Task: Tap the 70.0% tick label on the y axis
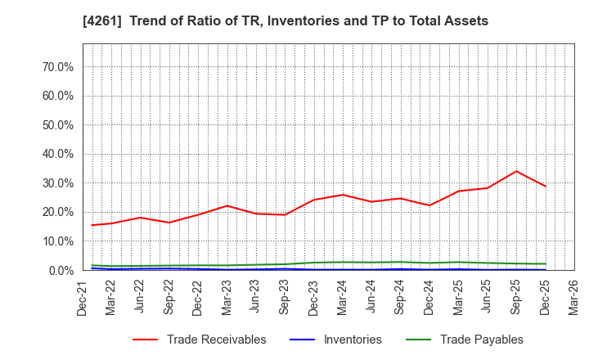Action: click(x=58, y=67)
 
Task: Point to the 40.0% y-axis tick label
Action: click(x=58, y=154)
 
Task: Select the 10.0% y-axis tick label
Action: click(x=58, y=241)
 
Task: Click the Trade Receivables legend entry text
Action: click(x=216, y=340)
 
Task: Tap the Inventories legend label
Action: click(x=353, y=340)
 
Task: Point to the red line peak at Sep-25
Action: click(x=516, y=171)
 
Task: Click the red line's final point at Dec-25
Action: click(x=546, y=187)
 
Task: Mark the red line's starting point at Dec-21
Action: click(x=92, y=225)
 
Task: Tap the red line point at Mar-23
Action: click(x=227, y=205)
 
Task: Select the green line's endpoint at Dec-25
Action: click(x=546, y=263)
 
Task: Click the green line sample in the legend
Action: click(x=416, y=340)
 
